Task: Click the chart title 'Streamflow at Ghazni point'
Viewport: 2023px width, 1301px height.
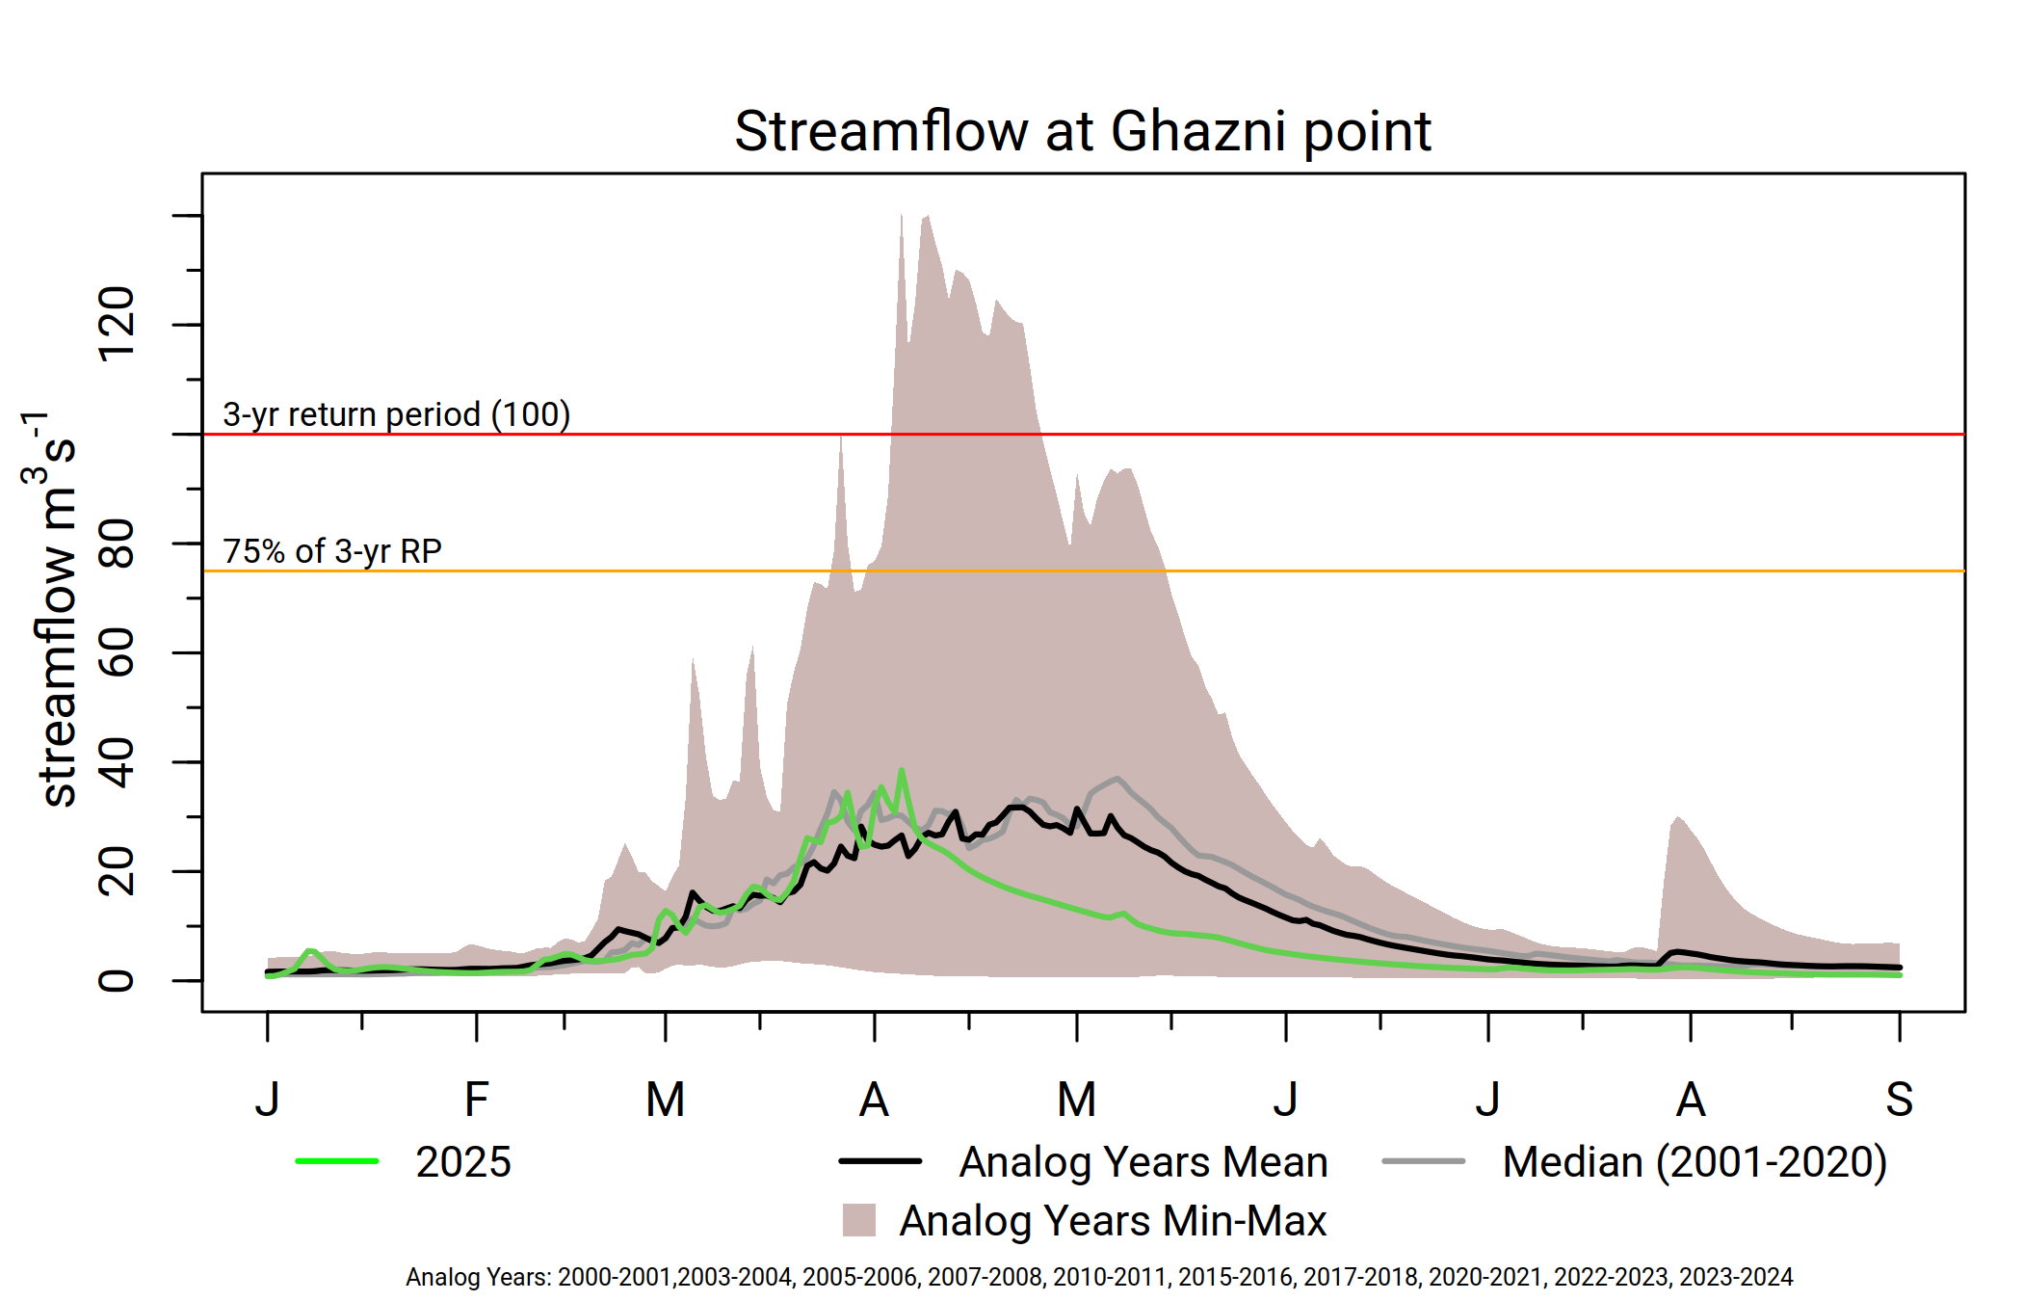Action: [1082, 131]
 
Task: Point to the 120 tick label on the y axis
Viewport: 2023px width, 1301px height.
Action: [118, 325]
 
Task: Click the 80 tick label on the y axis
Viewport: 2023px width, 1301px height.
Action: [118, 544]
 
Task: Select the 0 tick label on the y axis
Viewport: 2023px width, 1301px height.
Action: [118, 981]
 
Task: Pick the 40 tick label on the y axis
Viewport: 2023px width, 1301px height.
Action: [118, 762]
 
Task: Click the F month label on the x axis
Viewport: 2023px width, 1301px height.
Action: [476, 1100]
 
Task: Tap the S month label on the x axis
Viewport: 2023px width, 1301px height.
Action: [1899, 1100]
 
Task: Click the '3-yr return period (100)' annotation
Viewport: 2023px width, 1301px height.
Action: [396, 414]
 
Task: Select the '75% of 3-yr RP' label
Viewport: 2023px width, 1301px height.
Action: [332, 551]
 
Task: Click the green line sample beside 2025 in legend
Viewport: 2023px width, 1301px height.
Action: [337, 1161]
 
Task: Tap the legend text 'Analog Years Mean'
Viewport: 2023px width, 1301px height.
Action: [1143, 1162]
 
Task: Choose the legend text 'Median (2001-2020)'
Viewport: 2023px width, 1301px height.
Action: [1695, 1162]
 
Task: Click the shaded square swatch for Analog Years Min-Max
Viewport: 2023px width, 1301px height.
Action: [858, 1220]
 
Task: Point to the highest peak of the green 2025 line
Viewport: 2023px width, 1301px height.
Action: [902, 771]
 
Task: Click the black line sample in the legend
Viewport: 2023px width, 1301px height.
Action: [880, 1161]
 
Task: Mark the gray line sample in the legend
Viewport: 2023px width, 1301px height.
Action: [1423, 1161]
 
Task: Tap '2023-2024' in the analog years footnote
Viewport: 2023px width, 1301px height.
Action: [1736, 1278]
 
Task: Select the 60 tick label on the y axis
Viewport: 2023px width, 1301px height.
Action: [118, 652]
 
